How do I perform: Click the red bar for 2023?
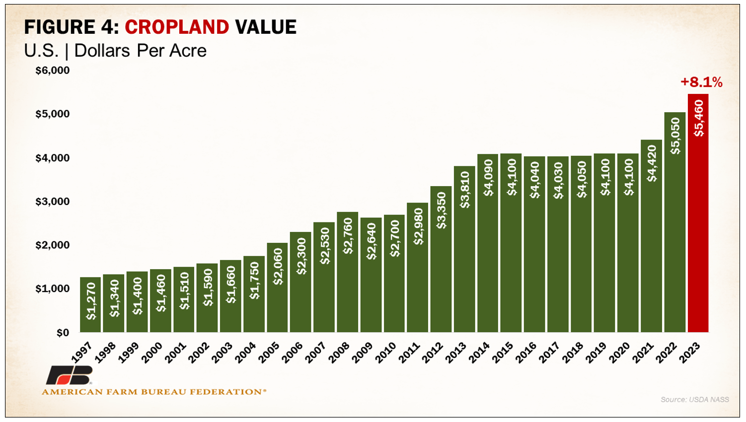pyautogui.click(x=698, y=213)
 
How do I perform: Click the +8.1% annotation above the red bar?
pyautogui.click(x=701, y=82)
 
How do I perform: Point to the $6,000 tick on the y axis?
pyautogui.click(x=52, y=70)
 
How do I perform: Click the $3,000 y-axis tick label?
pyautogui.click(x=52, y=202)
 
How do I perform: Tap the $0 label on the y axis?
pyautogui.click(x=62, y=333)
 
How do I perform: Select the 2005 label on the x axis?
pyautogui.click(x=269, y=352)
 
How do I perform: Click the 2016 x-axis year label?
pyautogui.click(x=526, y=352)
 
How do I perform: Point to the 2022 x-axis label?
pyautogui.click(x=666, y=352)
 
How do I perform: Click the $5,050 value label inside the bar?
pyautogui.click(x=675, y=136)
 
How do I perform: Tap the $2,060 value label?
pyautogui.click(x=278, y=267)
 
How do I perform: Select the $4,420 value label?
pyautogui.click(x=652, y=163)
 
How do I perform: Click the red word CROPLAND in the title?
pyautogui.click(x=177, y=27)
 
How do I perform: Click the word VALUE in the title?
pyautogui.click(x=266, y=27)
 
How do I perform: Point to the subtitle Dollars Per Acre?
pyautogui.click(x=140, y=51)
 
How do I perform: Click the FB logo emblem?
pyautogui.click(x=70, y=375)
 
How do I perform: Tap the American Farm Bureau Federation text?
pyautogui.click(x=154, y=392)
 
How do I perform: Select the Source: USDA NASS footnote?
pyautogui.click(x=694, y=399)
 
